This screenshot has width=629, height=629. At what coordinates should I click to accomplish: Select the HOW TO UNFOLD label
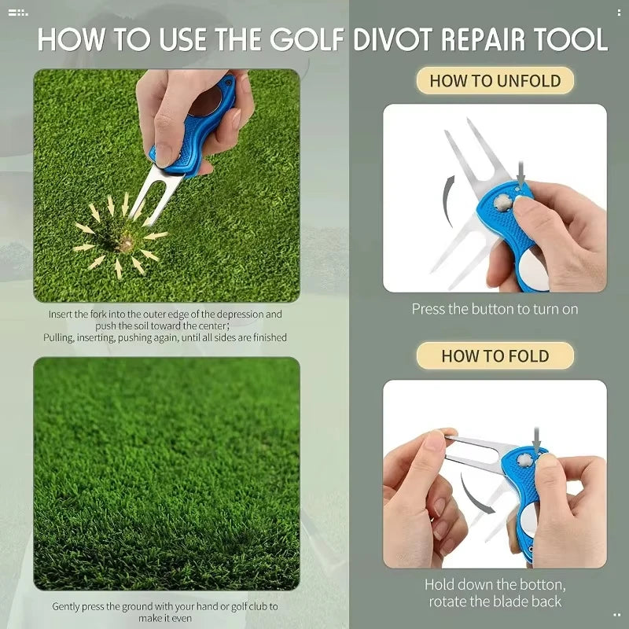[495, 80]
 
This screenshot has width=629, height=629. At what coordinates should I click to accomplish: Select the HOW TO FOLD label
[495, 355]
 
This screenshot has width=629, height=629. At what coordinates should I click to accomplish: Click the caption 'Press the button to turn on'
[495, 309]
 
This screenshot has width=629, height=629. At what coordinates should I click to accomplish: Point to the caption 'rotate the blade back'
[495, 601]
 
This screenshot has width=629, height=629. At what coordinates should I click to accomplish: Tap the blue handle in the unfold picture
[503, 212]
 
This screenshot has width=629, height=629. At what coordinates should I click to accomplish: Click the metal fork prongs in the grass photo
[145, 197]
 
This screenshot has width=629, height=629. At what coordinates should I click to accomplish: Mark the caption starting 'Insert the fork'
[165, 326]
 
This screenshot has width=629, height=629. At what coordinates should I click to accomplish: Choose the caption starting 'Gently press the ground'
[165, 612]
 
